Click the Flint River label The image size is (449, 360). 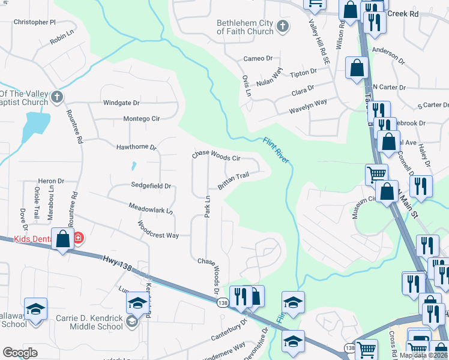point(276,150)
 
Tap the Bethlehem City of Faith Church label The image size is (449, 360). point(244,27)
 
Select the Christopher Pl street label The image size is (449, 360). point(34,22)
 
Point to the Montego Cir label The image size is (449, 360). point(141,119)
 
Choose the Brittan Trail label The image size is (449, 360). point(233,180)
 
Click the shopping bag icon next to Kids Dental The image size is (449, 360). point(63,239)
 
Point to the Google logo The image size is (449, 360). point(20,352)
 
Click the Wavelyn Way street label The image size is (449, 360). point(308,106)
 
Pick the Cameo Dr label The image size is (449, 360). point(258,59)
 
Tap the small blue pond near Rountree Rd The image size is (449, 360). point(36,125)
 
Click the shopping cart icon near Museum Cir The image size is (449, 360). point(376,173)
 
